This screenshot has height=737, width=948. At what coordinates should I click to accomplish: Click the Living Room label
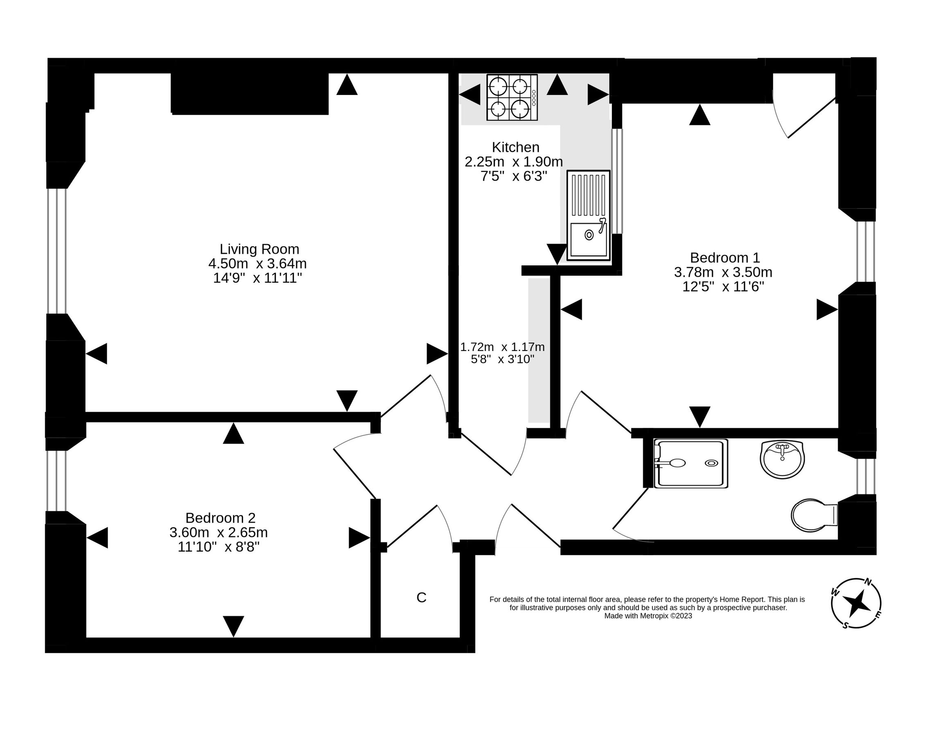259,249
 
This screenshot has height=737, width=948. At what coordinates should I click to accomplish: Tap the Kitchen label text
515,147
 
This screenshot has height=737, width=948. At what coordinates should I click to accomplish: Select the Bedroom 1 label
725,258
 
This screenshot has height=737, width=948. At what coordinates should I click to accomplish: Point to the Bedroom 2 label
220,518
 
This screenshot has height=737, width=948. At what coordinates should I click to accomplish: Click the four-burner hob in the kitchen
512,97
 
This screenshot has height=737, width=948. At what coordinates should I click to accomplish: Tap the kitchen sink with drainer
588,215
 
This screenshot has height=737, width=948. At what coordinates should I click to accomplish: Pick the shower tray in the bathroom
691,463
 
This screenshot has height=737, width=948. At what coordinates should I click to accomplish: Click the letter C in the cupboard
421,598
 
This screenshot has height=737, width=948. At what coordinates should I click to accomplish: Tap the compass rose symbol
855,603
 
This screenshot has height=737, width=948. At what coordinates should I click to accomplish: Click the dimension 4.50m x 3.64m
257,264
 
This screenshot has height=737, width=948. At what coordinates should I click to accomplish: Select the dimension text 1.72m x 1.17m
502,347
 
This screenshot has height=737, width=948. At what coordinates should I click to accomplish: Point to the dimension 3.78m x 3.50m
723,272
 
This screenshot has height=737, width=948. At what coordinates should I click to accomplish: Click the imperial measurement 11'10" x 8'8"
218,547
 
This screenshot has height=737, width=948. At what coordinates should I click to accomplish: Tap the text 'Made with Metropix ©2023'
648,616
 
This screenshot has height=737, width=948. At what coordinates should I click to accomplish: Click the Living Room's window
57,251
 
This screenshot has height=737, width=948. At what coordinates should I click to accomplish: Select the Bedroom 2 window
56,481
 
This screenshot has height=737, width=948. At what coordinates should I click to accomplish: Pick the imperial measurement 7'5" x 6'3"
513,176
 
